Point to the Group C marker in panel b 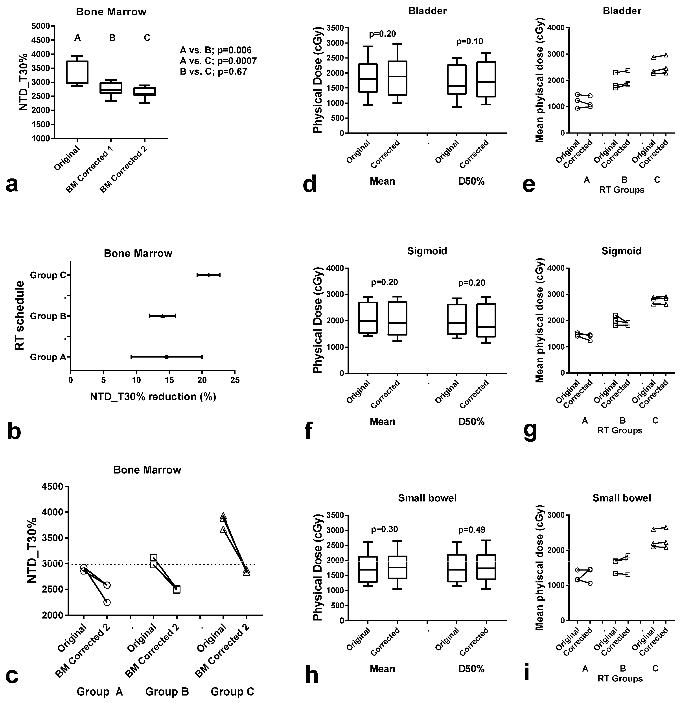tap(208, 275)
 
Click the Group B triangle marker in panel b tap(162, 316)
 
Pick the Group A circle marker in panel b tap(166, 357)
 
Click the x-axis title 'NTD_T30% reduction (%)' tap(153, 397)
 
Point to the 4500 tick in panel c tap(54, 487)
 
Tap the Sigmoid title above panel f tap(427, 251)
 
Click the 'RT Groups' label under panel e tap(621, 190)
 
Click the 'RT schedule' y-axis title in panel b tap(20, 316)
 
